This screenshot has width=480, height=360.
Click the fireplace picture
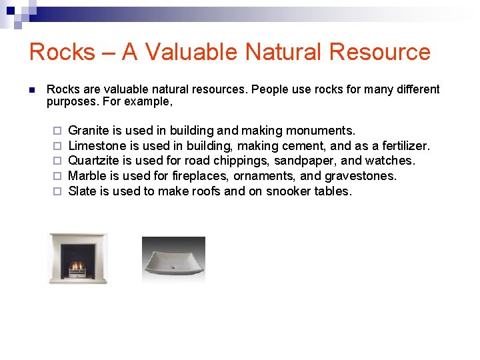[78, 258]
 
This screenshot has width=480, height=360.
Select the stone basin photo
[173, 260]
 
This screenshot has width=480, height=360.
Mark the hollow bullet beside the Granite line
[57, 131]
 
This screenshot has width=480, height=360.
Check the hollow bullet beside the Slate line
[57, 192]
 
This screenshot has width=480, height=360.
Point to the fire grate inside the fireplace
[78, 266]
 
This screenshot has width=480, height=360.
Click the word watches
[393, 161]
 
